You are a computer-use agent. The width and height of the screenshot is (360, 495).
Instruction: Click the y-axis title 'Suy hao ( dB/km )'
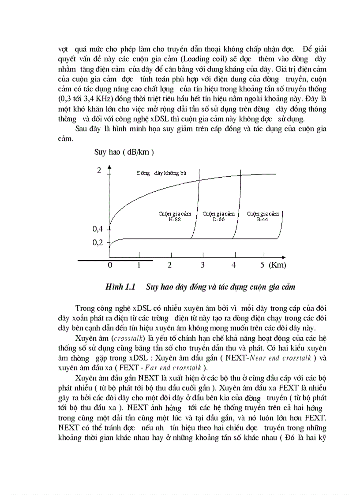[124, 153]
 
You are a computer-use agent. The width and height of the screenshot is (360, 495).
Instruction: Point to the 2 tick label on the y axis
[99, 171]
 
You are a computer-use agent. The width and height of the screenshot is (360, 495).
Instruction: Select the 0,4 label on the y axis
[97, 229]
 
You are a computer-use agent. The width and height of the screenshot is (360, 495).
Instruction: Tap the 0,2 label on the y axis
[97, 242]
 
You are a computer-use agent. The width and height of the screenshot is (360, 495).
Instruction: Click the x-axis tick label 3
[202, 265]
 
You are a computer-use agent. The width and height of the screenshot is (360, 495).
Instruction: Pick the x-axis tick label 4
[234, 265]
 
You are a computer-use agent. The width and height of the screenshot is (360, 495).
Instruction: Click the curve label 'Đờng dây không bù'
[161, 173]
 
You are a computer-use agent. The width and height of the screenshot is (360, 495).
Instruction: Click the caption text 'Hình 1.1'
[120, 287]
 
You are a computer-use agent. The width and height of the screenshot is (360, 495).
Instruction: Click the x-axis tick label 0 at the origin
[110, 265]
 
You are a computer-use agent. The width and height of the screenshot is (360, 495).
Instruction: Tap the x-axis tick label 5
[262, 265]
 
